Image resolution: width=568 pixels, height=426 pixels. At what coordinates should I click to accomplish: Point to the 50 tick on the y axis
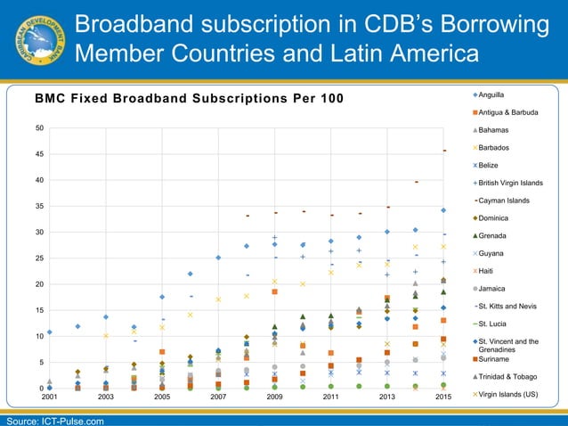point(39,127)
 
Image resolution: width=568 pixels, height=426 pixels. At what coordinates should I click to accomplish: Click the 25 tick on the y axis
point(39,258)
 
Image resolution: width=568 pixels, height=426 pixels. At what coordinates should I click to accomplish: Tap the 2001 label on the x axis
point(50,397)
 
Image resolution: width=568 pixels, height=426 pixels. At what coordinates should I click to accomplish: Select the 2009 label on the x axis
point(274,397)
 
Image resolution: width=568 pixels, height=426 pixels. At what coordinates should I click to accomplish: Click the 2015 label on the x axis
point(443,397)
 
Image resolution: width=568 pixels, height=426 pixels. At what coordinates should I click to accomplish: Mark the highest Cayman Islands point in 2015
point(444,151)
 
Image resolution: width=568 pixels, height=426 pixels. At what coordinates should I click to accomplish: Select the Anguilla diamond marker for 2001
point(50,332)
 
